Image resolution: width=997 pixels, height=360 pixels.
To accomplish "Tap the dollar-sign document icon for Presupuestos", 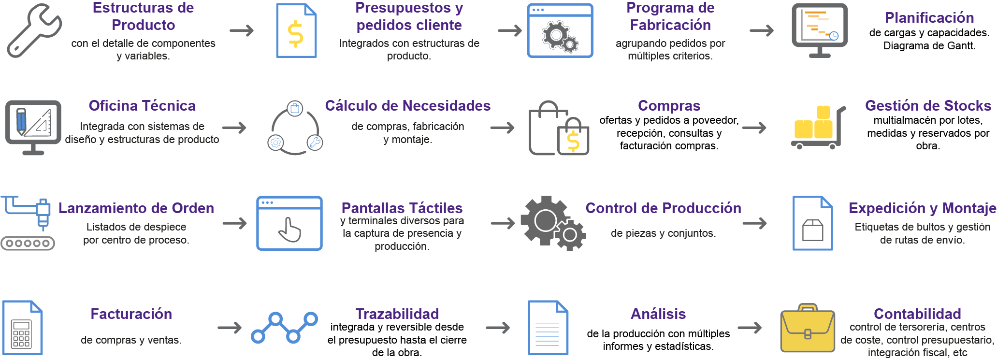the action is (296, 30).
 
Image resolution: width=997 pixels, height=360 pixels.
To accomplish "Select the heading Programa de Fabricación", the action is (670, 16).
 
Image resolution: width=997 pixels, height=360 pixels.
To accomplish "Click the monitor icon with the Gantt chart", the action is (820, 30).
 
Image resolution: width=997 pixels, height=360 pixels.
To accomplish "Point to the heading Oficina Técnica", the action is (142, 105).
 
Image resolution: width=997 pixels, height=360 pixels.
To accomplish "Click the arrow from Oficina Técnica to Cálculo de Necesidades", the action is (234, 128).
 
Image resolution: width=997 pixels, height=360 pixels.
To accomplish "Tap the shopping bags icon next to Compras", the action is (559, 128).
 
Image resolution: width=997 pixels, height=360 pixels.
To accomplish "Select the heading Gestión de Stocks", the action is (928, 105).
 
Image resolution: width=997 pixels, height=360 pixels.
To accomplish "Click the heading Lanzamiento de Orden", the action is (136, 208).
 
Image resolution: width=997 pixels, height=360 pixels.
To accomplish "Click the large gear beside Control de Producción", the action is (546, 221).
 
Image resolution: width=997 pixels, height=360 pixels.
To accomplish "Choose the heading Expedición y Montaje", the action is (923, 208).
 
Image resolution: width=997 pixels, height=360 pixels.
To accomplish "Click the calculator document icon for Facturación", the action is (22, 328).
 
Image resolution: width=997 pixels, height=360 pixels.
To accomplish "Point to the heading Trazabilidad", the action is (397, 314).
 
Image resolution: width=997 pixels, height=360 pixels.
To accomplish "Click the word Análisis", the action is (658, 314).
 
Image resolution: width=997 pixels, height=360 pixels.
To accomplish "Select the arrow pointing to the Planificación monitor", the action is (762, 30).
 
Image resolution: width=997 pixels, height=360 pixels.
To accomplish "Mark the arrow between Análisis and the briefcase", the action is (750, 328).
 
